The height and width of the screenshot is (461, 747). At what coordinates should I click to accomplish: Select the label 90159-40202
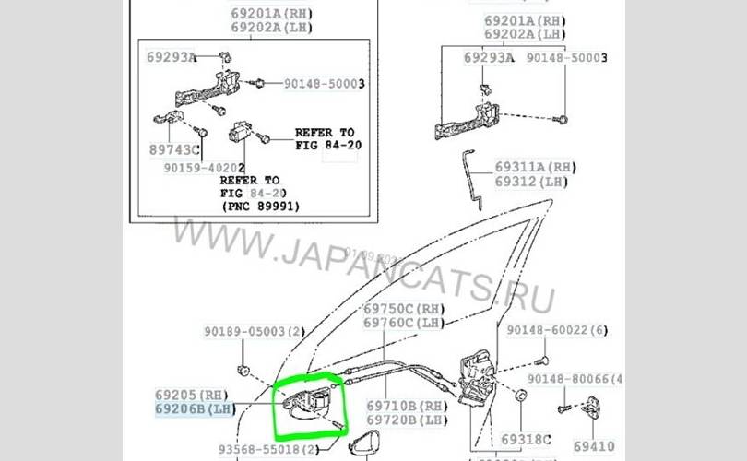tap(204, 169)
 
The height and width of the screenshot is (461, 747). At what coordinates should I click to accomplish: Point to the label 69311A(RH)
tap(534, 167)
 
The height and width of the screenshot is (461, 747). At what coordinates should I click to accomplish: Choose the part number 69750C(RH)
tap(404, 309)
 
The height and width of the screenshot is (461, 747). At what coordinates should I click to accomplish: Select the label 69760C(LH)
tap(404, 323)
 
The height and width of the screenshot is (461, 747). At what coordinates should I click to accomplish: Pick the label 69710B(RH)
tap(407, 406)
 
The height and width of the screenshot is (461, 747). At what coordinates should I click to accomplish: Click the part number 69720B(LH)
tap(407, 420)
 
